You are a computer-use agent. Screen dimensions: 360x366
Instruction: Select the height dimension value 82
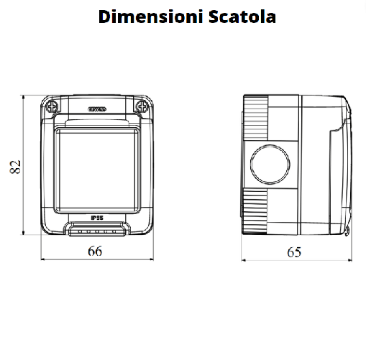click(x=14, y=166)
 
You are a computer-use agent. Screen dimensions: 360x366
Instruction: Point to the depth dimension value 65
click(x=294, y=251)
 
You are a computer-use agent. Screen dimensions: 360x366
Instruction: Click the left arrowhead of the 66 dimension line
click(x=43, y=258)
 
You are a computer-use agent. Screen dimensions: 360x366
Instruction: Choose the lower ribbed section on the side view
click(x=256, y=212)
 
